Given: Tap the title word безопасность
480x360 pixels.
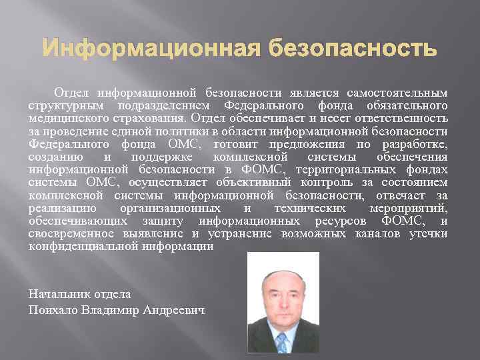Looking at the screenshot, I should (353, 49).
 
